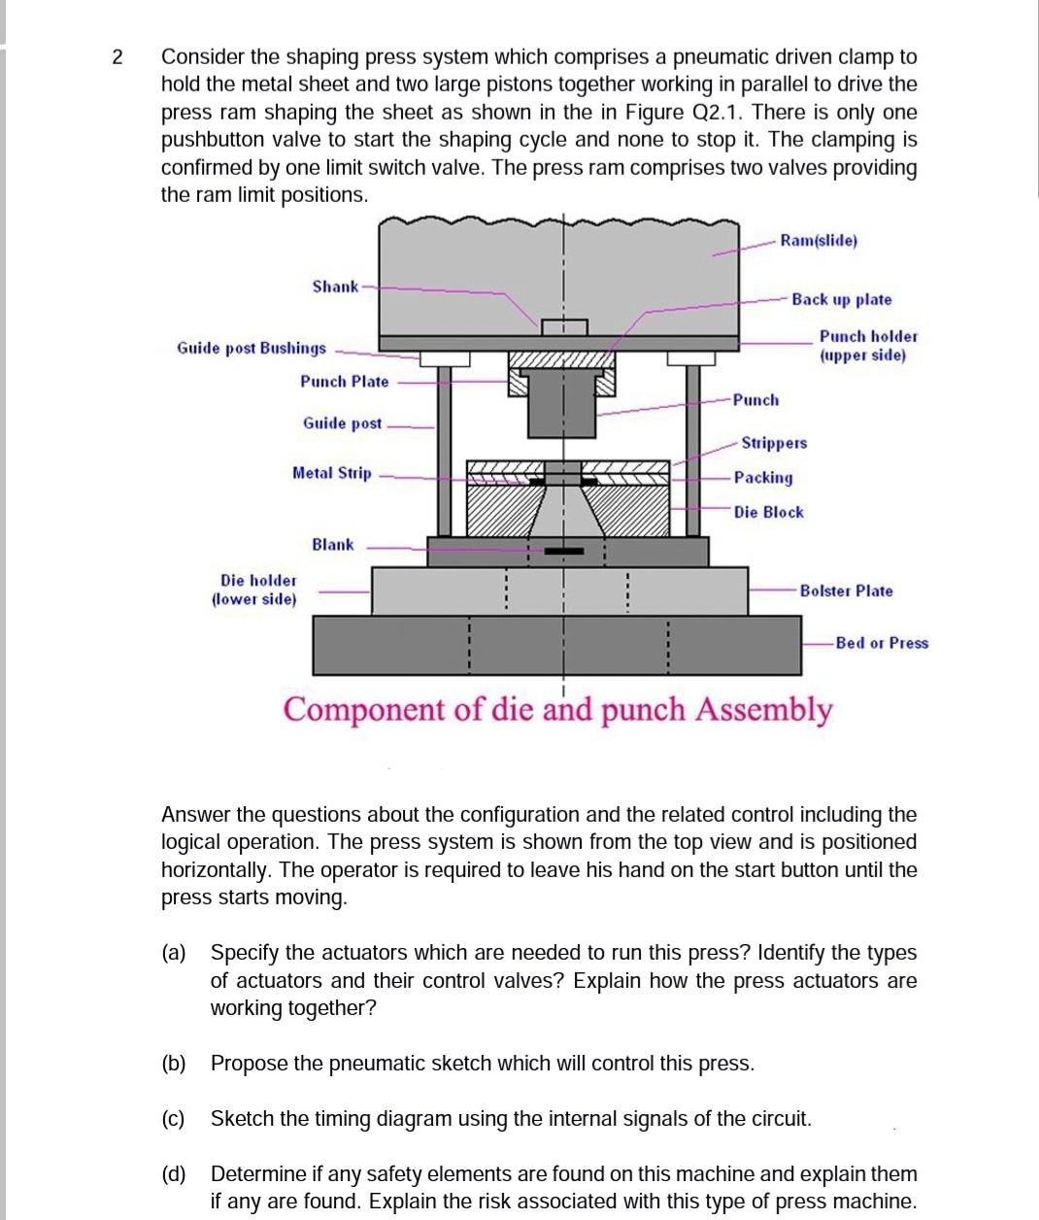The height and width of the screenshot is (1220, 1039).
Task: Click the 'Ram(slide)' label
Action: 819,240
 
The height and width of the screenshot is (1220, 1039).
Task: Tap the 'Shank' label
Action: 335,287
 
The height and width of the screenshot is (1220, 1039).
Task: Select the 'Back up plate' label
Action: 841,300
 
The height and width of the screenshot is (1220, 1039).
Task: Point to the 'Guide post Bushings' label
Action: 251,348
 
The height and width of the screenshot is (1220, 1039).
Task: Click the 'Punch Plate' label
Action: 344,382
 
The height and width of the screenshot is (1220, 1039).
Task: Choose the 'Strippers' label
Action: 774,443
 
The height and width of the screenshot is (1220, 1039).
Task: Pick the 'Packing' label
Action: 763,478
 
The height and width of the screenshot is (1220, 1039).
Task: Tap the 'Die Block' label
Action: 768,512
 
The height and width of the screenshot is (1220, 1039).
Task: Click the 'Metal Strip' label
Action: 331,473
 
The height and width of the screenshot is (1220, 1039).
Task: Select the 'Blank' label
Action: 333,545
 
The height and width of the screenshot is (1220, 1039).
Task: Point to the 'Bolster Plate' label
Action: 846,591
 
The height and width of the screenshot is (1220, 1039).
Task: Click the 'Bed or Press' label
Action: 882,643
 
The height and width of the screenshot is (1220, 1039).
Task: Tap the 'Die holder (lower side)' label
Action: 254,590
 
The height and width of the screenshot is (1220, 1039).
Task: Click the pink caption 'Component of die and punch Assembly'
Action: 557,710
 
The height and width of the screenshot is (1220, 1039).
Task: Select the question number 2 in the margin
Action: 117,57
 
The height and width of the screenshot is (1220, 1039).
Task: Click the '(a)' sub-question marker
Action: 174,953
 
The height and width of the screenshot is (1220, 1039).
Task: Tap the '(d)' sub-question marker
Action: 174,1174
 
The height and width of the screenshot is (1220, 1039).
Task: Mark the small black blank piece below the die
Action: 564,551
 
